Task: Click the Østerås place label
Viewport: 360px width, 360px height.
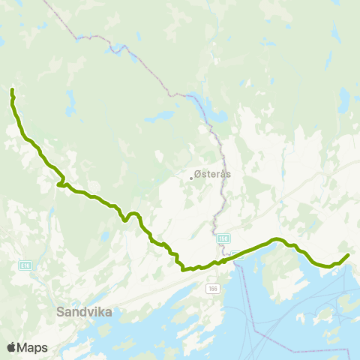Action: (212, 173)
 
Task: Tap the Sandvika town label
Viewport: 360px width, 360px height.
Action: (84, 312)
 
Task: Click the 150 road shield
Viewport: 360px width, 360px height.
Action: (223, 238)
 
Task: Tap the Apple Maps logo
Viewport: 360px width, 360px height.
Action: (27, 347)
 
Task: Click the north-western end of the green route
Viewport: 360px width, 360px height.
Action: (12, 91)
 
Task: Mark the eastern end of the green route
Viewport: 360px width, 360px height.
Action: (348, 256)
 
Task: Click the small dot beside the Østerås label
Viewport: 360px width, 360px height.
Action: (190, 178)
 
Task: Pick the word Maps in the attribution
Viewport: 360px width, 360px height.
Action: (33, 347)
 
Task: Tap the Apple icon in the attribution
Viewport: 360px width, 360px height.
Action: (11, 346)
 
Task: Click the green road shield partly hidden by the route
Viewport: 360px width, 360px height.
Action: (237, 254)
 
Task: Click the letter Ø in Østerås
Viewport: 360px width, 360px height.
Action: (197, 173)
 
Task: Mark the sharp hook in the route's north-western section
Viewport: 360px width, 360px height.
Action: (60, 184)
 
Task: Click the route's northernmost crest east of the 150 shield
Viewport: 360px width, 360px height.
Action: (276, 239)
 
